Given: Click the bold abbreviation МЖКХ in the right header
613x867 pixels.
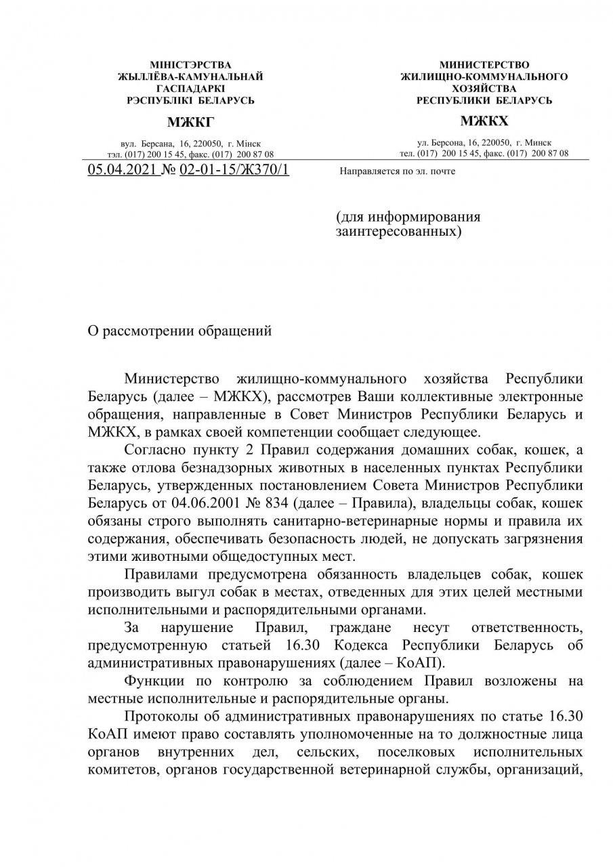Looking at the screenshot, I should click(x=484, y=122).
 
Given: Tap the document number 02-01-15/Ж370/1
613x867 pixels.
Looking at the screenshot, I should click(x=234, y=169).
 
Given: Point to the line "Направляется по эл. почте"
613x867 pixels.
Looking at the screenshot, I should click(x=397, y=171).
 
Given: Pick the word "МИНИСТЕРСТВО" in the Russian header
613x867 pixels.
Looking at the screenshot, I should click(x=484, y=65).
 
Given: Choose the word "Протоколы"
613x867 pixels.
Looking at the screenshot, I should click(x=161, y=717).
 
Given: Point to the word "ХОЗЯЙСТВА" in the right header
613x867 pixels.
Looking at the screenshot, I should click(x=484, y=89).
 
